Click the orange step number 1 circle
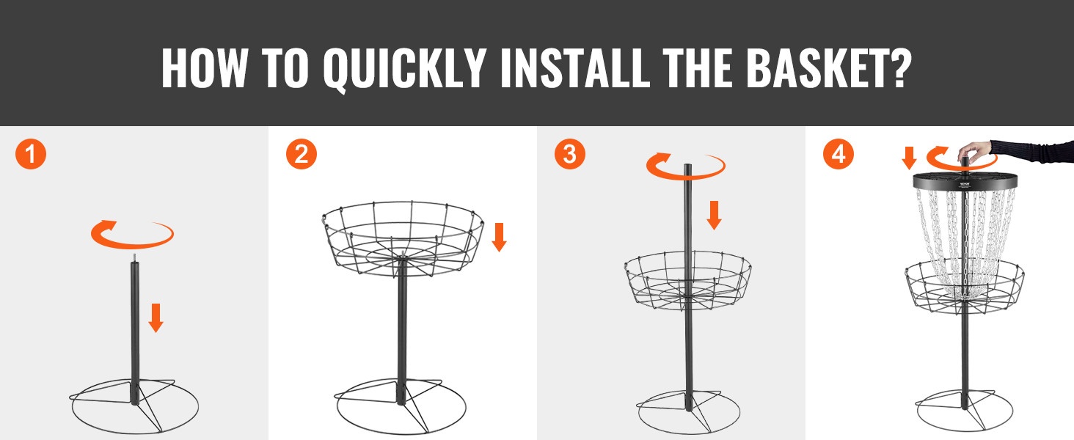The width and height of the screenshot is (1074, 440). point(31,154)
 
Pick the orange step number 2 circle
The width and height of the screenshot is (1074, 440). point(301,154)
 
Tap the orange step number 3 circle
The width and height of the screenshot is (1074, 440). point(569,154)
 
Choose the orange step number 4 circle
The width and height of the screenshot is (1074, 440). point(838,154)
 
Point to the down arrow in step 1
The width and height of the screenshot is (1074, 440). point(156,318)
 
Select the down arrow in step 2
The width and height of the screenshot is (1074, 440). point(499,238)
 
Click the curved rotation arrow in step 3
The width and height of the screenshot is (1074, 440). point(686,175)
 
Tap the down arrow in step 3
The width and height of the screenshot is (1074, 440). point(714,215)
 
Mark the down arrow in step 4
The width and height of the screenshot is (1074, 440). point(909,158)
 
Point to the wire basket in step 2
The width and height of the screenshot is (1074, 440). point(403,239)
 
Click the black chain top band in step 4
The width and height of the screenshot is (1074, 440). point(965,182)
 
